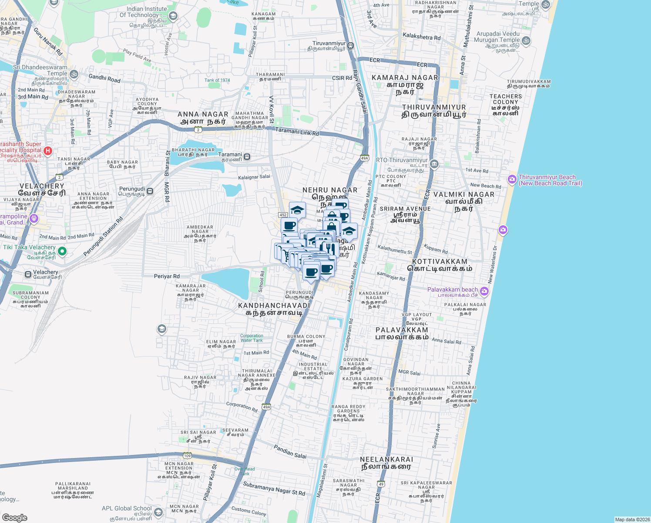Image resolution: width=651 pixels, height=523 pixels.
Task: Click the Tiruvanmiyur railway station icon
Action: click(x=351, y=46)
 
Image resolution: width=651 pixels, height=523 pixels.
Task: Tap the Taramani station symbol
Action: click(x=247, y=157)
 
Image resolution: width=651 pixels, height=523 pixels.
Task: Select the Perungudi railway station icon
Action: click(x=150, y=191)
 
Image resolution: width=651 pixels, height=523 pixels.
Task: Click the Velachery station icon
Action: click(x=28, y=274)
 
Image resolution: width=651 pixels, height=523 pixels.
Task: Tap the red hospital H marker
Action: click(x=48, y=151)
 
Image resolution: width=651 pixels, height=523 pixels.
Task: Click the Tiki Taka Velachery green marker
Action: click(x=62, y=251)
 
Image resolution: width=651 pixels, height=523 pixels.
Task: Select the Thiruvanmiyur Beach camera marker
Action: click(x=512, y=179)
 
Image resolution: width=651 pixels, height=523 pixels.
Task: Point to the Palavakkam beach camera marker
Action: click(x=484, y=291)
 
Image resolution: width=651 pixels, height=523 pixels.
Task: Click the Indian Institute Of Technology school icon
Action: click(x=173, y=17)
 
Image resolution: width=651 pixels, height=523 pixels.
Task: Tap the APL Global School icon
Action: click(x=158, y=512)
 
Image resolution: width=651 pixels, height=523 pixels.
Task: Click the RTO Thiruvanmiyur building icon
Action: click(x=434, y=164)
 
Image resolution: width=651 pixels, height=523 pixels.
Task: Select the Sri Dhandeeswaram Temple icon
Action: click(x=74, y=74)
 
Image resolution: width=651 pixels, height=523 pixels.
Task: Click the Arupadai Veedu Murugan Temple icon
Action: click(x=526, y=41)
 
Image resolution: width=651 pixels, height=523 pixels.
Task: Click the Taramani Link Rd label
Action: click(x=297, y=131)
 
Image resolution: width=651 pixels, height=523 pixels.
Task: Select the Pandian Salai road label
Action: click(x=290, y=452)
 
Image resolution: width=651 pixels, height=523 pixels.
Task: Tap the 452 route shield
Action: click(x=283, y=215)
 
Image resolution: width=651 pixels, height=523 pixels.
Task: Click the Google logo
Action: click(x=14, y=517)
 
